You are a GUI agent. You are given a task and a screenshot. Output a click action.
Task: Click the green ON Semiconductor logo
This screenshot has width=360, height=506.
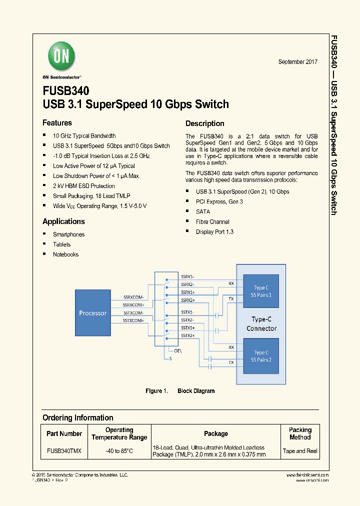(61, 56)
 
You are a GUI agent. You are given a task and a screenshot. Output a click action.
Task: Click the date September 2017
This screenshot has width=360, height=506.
(297, 61)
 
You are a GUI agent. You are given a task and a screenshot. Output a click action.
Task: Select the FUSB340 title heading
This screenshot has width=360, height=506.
(66, 91)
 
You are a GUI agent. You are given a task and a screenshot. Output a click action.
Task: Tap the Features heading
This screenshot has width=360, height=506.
(57, 123)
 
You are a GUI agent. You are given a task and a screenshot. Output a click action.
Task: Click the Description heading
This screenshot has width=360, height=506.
(204, 123)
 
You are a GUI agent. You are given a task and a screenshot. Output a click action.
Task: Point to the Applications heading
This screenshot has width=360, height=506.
(63, 221)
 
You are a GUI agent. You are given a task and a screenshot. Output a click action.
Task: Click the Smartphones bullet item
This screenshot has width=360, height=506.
(68, 234)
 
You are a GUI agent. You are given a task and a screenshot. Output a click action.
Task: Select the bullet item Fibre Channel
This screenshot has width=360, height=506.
(212, 222)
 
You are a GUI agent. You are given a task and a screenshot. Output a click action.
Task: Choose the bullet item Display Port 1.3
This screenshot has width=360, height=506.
(214, 232)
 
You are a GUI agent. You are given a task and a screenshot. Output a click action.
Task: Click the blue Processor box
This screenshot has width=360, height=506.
(93, 313)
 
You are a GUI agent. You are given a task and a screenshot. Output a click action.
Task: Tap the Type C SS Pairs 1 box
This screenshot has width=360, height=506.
(261, 291)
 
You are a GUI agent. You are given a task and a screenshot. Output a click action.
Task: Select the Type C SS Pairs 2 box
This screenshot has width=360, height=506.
(261, 356)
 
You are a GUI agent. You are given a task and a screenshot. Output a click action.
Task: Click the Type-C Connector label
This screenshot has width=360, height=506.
(261, 324)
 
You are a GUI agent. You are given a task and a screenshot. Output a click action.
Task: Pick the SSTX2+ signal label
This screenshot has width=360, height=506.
(187, 335)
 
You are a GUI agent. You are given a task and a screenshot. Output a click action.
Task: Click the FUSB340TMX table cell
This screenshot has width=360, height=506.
(64, 451)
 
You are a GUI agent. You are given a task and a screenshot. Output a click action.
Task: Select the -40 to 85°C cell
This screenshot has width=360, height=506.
(119, 451)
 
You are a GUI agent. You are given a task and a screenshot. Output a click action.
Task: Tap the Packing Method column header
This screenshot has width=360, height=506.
(300, 433)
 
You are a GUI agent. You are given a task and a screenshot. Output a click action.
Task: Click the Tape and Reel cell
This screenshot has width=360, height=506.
(300, 451)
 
